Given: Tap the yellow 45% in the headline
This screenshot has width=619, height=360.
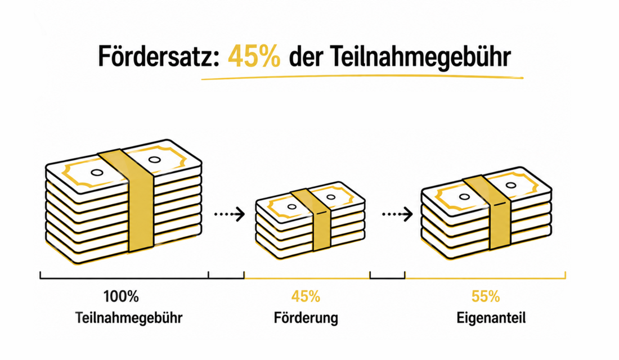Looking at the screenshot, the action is coord(254,56).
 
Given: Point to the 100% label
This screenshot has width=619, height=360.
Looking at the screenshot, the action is coord(121,296).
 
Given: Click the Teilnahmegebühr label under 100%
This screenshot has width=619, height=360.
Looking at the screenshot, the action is coord(129,318).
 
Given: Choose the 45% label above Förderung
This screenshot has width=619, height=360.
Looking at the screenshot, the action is coord(306,296).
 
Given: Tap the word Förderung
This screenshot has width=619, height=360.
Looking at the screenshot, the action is coord(306,318).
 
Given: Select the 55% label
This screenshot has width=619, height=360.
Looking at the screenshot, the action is coord(486,296).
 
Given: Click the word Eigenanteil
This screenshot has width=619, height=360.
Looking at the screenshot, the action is coord(491,318).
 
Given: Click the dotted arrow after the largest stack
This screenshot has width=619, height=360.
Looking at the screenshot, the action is coord(230,214).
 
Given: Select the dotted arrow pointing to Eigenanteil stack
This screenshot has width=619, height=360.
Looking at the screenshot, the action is coord(397,214).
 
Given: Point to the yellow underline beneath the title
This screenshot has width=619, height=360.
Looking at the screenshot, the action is coord(362,78).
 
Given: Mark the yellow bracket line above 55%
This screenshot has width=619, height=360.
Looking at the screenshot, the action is coord(485,278).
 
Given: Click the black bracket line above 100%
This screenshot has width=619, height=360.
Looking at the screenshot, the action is coord(124,278).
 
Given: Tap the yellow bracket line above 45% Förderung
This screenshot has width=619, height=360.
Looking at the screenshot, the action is coord(307,278).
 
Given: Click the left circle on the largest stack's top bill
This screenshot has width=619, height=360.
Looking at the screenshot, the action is coord(97,173).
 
